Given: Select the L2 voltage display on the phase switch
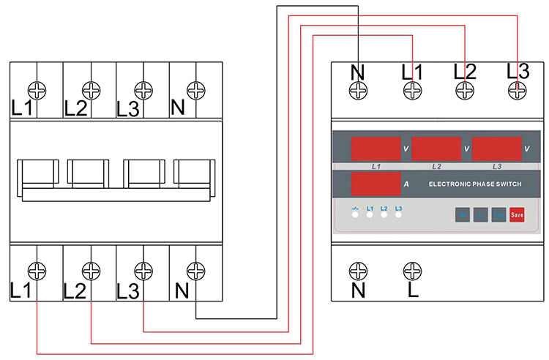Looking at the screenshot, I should click(436, 149).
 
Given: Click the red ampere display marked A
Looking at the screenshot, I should click(376, 184).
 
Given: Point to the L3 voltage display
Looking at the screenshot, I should click(496, 149).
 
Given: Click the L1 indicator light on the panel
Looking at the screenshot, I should click(370, 217).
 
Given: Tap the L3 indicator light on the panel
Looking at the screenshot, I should click(399, 217).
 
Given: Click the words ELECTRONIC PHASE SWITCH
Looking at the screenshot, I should click(475, 184).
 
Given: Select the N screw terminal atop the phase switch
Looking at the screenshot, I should click(359, 90).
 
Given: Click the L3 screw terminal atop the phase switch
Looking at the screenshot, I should click(518, 90).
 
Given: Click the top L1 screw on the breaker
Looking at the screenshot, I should click(37, 90).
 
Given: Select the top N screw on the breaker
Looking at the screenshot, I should click(195, 90).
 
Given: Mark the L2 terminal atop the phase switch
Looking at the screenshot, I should click(466, 90).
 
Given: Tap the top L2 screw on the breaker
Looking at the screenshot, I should click(90, 90).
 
